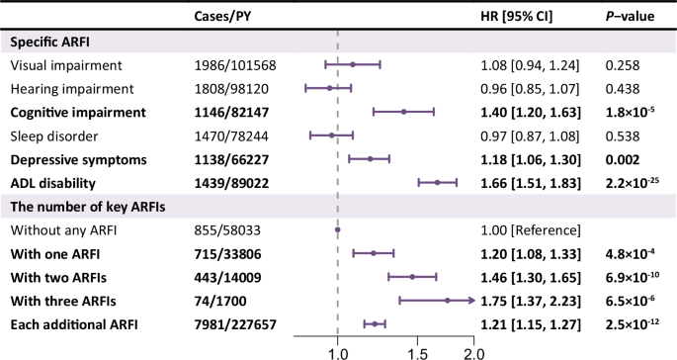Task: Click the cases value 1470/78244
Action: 232,135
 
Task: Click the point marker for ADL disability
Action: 436,182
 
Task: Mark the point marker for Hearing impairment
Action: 330,89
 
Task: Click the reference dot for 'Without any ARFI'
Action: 338,229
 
